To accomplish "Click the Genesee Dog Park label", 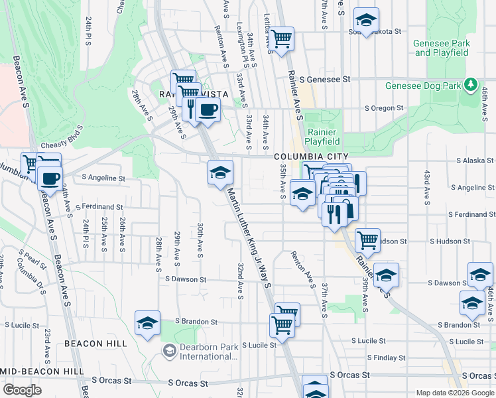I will (x=422, y=86).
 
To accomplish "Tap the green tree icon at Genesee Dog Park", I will (x=470, y=85).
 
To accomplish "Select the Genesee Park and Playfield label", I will (x=441, y=48).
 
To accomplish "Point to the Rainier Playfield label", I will (x=323, y=137).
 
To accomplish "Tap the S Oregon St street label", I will (x=384, y=108).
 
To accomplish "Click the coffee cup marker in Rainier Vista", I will (x=208, y=109).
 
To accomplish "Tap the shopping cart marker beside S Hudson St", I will (x=367, y=239).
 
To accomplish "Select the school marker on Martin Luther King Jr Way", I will (x=221, y=173).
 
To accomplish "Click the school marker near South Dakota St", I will (x=365, y=19).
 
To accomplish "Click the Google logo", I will (x=22, y=389).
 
